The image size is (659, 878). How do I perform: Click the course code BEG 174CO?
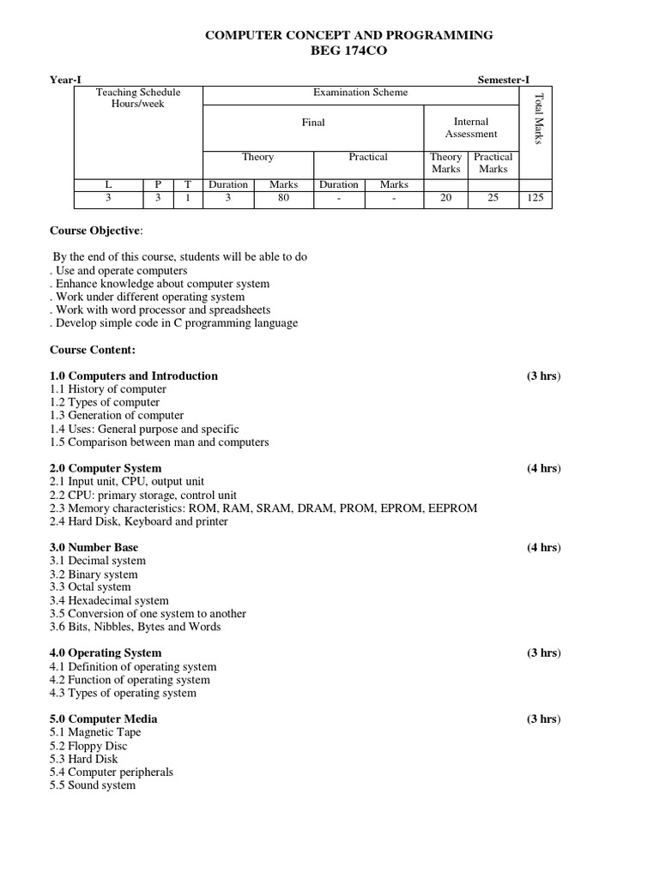pyautogui.click(x=348, y=51)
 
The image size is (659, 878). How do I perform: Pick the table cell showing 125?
pyautogui.click(x=536, y=198)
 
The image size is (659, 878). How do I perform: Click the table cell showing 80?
pyautogui.click(x=283, y=198)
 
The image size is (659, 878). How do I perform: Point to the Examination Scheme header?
pyautogui.click(x=360, y=93)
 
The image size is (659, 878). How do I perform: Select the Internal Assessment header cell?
pyautogui.click(x=471, y=128)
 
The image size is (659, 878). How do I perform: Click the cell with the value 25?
pyautogui.click(x=493, y=198)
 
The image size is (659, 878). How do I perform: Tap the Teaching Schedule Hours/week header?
pyautogui.click(x=138, y=98)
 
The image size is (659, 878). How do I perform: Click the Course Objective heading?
pyautogui.click(x=96, y=231)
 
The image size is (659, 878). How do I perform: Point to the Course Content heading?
pyautogui.click(x=93, y=350)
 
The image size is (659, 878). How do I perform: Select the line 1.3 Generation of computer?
pyautogui.click(x=117, y=416)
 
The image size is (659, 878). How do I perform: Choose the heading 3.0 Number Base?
pyautogui.click(x=94, y=548)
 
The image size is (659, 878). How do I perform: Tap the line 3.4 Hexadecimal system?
pyautogui.click(x=109, y=601)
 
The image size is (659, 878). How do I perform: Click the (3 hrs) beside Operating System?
pyautogui.click(x=544, y=653)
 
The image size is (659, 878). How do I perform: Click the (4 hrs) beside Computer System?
pyautogui.click(x=544, y=469)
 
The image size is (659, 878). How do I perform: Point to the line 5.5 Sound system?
pyautogui.click(x=93, y=785)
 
